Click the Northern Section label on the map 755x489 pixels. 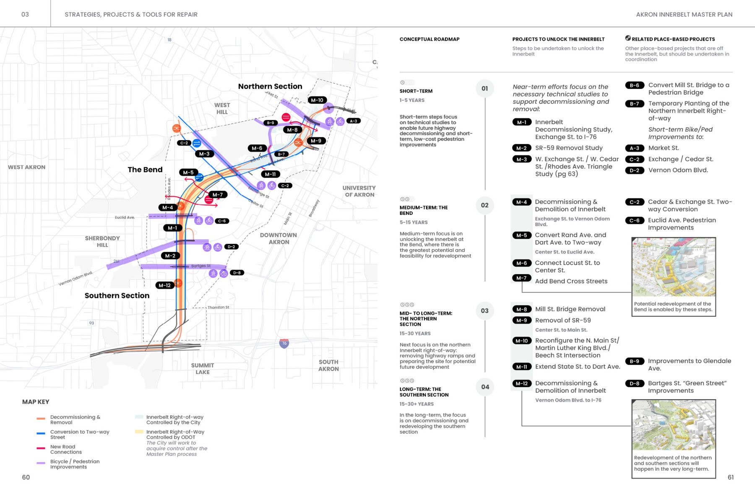pyautogui.click(x=270, y=86)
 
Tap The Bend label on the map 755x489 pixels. pyautogui.click(x=145, y=170)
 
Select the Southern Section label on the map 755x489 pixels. pyautogui.click(x=117, y=295)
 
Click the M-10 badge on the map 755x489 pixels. pyautogui.click(x=317, y=100)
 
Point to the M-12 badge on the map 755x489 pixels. pyautogui.click(x=164, y=285)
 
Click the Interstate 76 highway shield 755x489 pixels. pyautogui.click(x=284, y=343)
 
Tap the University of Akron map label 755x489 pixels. pyautogui.click(x=359, y=191)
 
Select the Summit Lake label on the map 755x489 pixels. pyautogui.click(x=203, y=369)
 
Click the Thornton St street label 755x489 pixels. pyautogui.click(x=219, y=307)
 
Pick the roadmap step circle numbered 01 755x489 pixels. pyautogui.click(x=485, y=89)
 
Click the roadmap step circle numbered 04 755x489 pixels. pyautogui.click(x=485, y=387)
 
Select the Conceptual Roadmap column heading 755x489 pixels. pyautogui.click(x=430, y=39)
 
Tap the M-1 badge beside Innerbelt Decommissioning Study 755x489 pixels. pyautogui.click(x=521, y=123)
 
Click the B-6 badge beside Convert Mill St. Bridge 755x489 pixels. pyautogui.click(x=635, y=86)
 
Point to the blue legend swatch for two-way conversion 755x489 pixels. pyautogui.click(x=41, y=433)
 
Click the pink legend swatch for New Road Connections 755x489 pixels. pyautogui.click(x=41, y=448)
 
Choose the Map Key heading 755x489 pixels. pyautogui.click(x=36, y=402)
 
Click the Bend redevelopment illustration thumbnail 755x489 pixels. pyautogui.click(x=674, y=267)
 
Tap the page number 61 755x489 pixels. pyautogui.click(x=731, y=477)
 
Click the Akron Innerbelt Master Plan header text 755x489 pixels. pyautogui.click(x=684, y=15)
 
